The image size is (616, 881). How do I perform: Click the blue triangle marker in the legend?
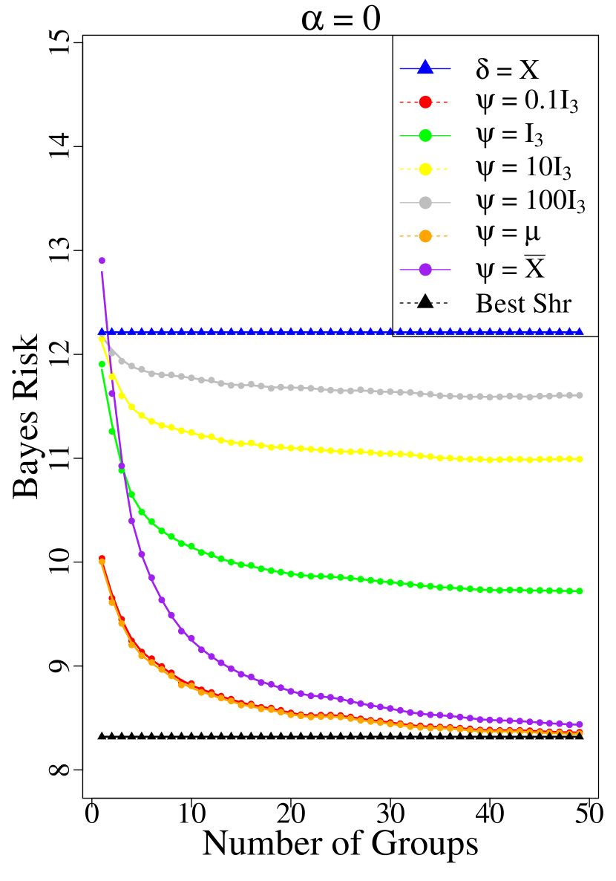click(x=425, y=68)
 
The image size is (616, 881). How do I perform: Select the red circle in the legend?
click(x=425, y=102)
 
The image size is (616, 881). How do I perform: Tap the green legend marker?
click(x=425, y=135)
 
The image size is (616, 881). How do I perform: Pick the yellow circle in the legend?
click(x=425, y=169)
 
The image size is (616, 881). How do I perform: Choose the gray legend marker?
click(x=425, y=202)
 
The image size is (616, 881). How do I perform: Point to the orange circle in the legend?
click(x=425, y=235)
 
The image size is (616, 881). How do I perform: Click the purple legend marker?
click(x=425, y=269)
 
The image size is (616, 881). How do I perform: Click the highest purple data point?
click(x=102, y=261)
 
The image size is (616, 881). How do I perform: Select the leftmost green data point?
click(x=102, y=364)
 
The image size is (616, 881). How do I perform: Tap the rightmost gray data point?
click(x=580, y=395)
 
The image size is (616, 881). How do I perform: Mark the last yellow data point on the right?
click(x=580, y=459)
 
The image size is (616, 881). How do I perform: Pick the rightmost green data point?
click(x=580, y=591)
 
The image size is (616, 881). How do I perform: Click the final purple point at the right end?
click(x=580, y=724)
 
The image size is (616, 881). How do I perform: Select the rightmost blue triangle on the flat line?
click(x=580, y=331)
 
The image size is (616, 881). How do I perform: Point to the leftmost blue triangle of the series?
click(x=102, y=331)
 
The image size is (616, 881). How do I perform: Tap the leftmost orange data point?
click(x=102, y=562)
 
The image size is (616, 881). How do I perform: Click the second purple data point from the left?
click(x=112, y=394)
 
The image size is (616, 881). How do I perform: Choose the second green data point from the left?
click(x=112, y=431)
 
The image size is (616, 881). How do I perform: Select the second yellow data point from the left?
click(x=112, y=377)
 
